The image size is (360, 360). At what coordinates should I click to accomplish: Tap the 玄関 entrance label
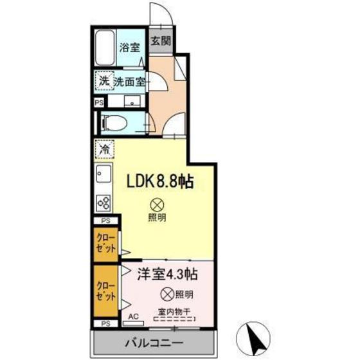click(160, 40)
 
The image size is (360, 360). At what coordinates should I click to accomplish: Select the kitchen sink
click(103, 174)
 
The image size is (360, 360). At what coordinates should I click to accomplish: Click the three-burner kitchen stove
click(103, 203)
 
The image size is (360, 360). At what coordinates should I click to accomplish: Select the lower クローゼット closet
click(107, 291)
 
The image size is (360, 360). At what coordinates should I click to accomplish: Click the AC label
click(134, 317)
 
